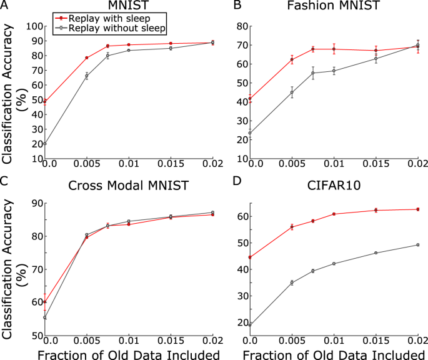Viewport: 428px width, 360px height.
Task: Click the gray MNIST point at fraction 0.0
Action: [45, 144]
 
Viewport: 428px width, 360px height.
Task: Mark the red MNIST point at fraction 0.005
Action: [87, 58]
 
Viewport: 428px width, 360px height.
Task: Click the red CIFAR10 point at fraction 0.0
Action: [250, 257]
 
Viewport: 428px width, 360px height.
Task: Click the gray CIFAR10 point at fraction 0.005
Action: [292, 282]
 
